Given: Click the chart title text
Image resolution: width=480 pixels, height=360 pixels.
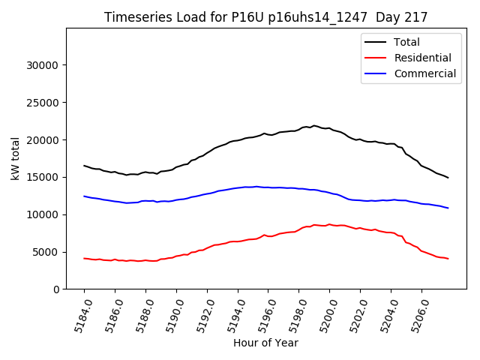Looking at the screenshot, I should pyautogui.click(x=265, y=17).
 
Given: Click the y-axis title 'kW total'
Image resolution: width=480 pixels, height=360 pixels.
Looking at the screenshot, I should pyautogui.click(x=16, y=158).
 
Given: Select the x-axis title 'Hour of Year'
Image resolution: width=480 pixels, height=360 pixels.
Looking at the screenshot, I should pyautogui.click(x=265, y=343).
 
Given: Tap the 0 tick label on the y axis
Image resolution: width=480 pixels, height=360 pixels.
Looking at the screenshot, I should pyautogui.click(x=56, y=289).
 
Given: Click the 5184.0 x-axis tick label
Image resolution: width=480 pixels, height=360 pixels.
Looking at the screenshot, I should pyautogui.click(x=78, y=313).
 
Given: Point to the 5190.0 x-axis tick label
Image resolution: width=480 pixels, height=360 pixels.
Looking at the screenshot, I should pyautogui.click(x=170, y=313).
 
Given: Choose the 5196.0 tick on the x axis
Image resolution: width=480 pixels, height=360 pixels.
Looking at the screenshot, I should pyautogui.click(x=262, y=313).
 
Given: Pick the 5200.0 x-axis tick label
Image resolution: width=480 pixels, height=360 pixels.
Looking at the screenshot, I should pyautogui.click(x=324, y=313).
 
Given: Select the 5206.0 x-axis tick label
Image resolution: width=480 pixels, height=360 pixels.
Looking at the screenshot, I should pyautogui.click(x=415, y=313).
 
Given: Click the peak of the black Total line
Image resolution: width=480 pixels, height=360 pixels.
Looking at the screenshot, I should pyautogui.click(x=313, y=126).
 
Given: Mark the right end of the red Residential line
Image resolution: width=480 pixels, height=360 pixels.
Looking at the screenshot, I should pyautogui.click(x=448, y=259).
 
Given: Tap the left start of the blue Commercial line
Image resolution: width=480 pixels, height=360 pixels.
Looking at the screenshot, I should pyautogui.click(x=84, y=196).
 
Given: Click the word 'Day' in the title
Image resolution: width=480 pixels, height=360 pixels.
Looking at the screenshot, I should pyautogui.click(x=396, y=17).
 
